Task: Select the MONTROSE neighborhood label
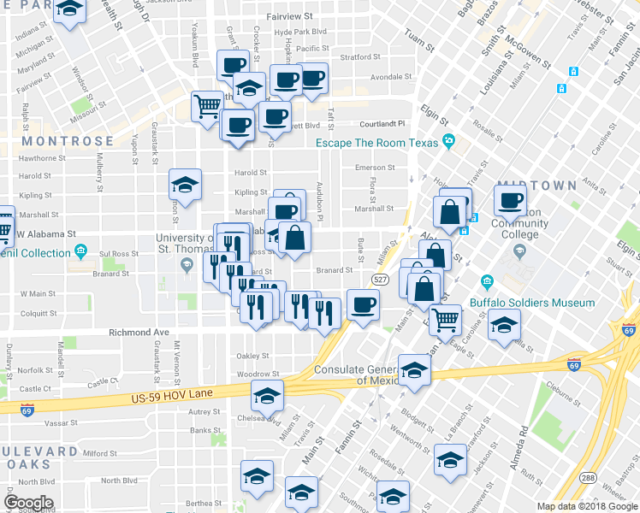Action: tap(68, 141)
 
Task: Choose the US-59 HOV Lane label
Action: tap(172, 397)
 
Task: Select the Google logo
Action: tap(29, 503)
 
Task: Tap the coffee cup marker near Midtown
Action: tap(511, 201)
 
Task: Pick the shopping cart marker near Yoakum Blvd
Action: tap(207, 107)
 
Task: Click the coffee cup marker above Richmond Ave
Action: tap(363, 305)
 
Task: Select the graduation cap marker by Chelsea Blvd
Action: tap(266, 396)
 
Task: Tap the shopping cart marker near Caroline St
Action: tap(445, 320)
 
